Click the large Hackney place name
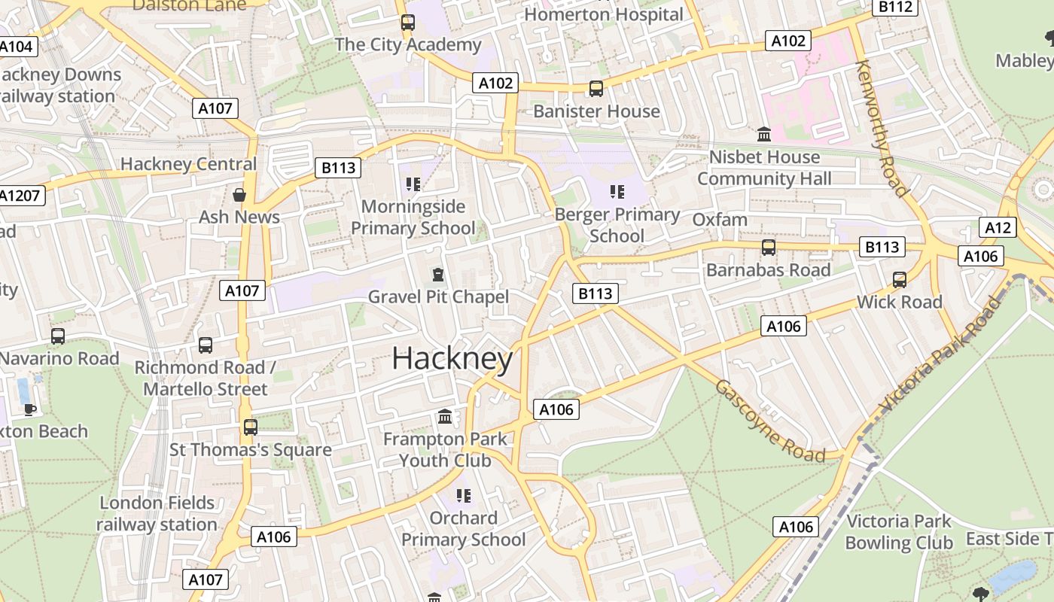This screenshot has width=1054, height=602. tap(452, 358)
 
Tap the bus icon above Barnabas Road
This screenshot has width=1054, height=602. tap(768, 248)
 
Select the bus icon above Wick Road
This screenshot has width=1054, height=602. tap(899, 280)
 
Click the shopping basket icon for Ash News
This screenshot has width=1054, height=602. tap(239, 195)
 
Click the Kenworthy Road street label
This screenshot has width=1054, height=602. tap(882, 128)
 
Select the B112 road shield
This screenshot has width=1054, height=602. tap(895, 8)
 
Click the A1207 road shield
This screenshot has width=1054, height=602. tap(20, 196)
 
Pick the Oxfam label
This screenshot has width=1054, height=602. tap(719, 220)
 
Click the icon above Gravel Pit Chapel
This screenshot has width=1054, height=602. tap(437, 275)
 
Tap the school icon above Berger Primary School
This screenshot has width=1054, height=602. tap(617, 192)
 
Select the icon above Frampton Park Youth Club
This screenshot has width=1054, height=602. tap(445, 416)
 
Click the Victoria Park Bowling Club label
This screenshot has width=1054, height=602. tap(898, 532)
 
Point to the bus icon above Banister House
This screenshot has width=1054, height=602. tap(596, 89)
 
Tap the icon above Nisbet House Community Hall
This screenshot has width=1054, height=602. tap(764, 135)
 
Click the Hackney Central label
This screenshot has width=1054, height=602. tap(188, 163)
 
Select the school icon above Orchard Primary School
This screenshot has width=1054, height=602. tap(463, 495)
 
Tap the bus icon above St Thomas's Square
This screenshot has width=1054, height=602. tap(250, 427)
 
